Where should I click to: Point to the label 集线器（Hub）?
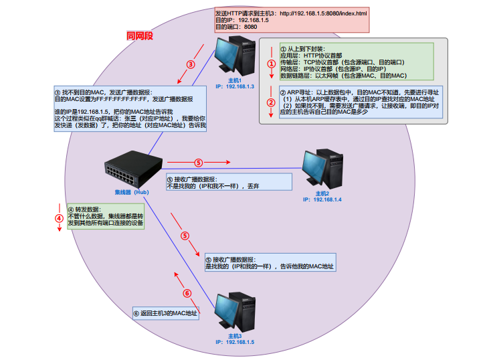coord(130,193)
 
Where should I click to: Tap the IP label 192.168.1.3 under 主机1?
coord(235,86)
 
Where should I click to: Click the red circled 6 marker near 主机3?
coord(187,293)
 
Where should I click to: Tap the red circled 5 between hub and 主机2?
coord(198,162)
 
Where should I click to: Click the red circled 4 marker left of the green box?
coord(59,217)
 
